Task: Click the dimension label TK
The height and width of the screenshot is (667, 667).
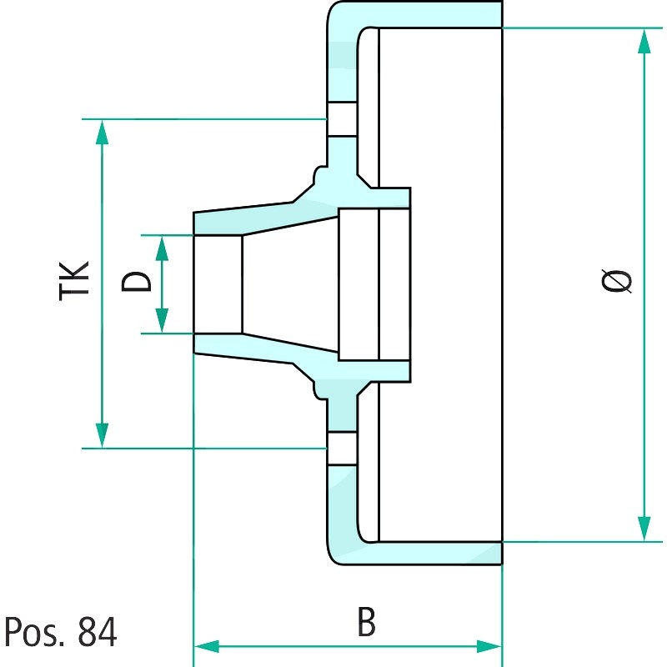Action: pyautogui.click(x=75, y=280)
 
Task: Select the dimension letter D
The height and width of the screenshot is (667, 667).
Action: pyautogui.click(x=138, y=281)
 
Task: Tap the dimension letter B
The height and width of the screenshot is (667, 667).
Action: pyautogui.click(x=365, y=622)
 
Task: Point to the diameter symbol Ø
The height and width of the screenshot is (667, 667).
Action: pyautogui.click(x=617, y=281)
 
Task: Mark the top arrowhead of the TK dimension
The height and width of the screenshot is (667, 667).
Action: pyautogui.click(x=102, y=131)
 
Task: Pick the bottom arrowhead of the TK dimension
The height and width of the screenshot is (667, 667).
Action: pyautogui.click(x=102, y=436)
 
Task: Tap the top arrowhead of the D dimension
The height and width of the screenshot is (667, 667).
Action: pyautogui.click(x=162, y=246)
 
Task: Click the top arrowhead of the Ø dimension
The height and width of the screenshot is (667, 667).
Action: pyautogui.click(x=644, y=41)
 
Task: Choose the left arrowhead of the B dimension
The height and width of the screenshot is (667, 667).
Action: pyautogui.click(x=206, y=646)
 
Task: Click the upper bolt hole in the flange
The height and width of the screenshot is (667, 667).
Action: pyautogui.click(x=342, y=119)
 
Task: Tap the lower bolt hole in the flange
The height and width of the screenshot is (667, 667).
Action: pyautogui.click(x=342, y=448)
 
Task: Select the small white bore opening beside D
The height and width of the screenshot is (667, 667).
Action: pyautogui.click(x=218, y=283)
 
